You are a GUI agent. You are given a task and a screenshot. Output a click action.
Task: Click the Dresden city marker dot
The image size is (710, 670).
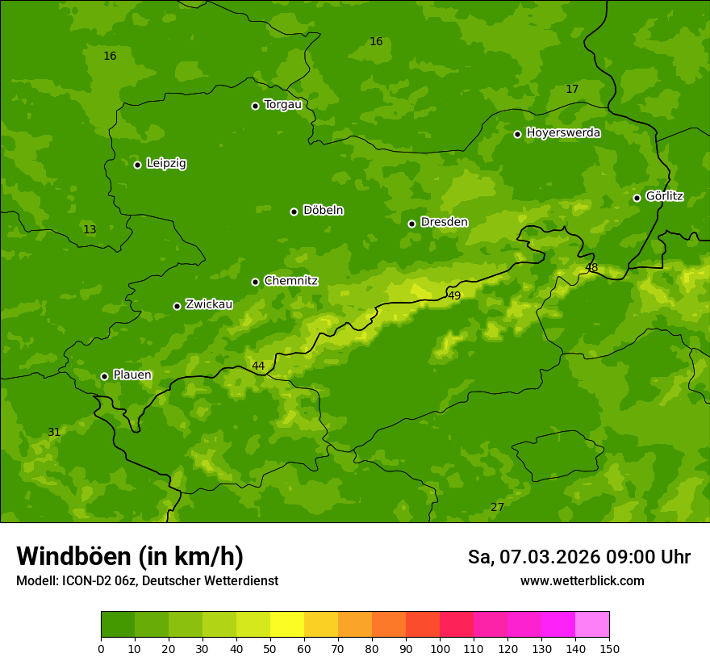[x=411, y=224]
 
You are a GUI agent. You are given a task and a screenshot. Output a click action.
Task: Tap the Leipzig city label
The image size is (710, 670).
[x=166, y=164]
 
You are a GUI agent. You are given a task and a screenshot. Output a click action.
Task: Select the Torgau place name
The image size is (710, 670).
[x=282, y=105]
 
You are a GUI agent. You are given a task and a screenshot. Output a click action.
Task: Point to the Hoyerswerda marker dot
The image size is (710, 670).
[x=517, y=134]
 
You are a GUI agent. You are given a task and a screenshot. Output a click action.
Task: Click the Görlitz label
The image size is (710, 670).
[x=664, y=196]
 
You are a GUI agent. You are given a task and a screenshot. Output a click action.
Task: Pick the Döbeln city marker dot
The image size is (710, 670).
[x=294, y=211]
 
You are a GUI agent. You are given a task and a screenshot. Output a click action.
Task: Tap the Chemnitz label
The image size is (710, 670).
[x=290, y=281]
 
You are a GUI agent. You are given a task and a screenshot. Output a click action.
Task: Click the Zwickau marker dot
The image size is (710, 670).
[x=177, y=306]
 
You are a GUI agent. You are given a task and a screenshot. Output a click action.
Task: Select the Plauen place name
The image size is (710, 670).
[x=132, y=375]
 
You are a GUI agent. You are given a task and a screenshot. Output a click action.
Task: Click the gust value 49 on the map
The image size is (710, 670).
[x=454, y=296]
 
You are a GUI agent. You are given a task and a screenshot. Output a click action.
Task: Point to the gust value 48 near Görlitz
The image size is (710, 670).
[x=591, y=268]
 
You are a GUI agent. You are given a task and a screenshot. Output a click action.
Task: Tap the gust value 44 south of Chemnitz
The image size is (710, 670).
[x=258, y=366]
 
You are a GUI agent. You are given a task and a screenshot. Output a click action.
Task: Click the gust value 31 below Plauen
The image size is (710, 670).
[x=54, y=432]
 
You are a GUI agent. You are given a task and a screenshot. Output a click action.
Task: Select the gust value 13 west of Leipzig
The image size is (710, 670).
[x=90, y=230]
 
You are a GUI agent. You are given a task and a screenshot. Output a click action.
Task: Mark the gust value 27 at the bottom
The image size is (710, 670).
[x=497, y=507]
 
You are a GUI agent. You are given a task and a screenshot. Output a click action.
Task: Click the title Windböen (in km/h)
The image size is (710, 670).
[x=130, y=556]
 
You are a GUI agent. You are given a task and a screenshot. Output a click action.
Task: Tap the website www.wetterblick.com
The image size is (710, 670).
[x=582, y=580]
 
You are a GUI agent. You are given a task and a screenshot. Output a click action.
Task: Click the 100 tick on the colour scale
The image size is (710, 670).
[x=440, y=648]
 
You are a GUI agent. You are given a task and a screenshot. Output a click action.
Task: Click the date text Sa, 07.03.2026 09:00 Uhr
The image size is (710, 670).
[x=578, y=557]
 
